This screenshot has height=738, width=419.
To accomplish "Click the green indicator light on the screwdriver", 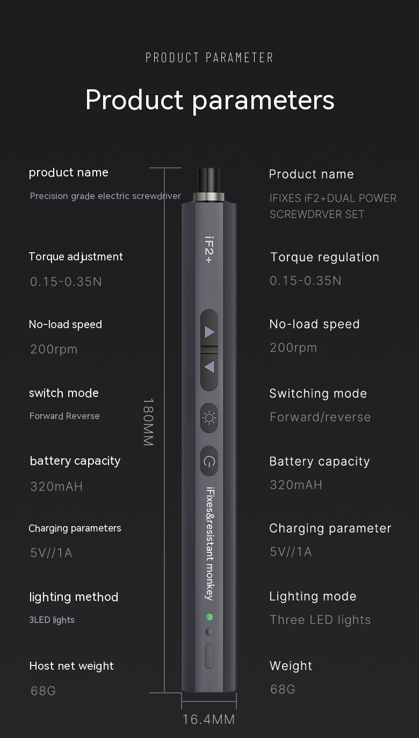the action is [209, 617].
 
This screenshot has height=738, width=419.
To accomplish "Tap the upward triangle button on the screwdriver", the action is [209, 328].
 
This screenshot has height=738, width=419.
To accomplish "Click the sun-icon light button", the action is [209, 418].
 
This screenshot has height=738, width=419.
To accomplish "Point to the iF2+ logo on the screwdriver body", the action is [209, 250].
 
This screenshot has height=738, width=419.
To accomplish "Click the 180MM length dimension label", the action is [148, 422].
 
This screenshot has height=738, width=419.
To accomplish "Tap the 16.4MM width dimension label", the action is [208, 720].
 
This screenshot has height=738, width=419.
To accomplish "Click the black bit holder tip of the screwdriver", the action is [209, 181].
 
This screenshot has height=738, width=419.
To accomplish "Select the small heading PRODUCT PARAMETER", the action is [209, 58].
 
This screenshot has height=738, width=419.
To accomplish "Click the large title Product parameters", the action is [209, 100].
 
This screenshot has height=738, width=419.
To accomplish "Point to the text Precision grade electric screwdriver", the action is [105, 196].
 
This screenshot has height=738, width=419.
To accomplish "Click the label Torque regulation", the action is [324, 257].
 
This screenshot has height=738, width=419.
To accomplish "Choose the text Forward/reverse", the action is [320, 417].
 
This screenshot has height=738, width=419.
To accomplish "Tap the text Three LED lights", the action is [320, 620].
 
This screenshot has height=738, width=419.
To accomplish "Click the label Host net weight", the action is [71, 666].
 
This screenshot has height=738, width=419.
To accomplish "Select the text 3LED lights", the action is [52, 620].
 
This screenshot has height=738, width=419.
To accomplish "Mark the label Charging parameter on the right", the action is [330, 528].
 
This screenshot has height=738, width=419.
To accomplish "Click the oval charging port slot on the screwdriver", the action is [209, 656].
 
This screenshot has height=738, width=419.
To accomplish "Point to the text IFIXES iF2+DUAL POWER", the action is [333, 198].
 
